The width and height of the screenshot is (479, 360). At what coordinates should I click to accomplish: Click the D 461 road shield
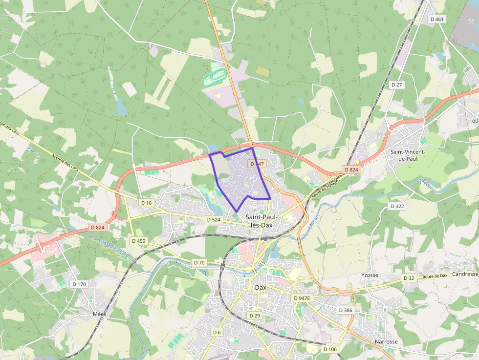[x=437, y=19]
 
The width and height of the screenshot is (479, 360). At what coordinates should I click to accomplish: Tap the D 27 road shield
[x=397, y=85]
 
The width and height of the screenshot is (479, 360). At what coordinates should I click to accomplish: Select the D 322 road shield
[x=397, y=206]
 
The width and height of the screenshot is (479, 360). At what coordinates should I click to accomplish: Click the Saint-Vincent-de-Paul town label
[x=408, y=155]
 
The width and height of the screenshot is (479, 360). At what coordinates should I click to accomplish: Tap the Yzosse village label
[x=370, y=275]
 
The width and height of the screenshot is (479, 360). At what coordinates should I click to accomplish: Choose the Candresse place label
[x=465, y=274]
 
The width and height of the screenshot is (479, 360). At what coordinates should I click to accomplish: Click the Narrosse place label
[x=386, y=342]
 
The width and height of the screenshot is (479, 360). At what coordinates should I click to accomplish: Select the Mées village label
[x=99, y=314]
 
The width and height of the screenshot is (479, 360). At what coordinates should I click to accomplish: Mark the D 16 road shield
[x=147, y=202]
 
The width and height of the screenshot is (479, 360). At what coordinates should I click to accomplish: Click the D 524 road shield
[x=214, y=220]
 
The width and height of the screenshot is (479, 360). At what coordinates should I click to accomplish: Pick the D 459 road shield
[x=138, y=241]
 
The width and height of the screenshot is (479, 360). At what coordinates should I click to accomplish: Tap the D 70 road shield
[x=199, y=263]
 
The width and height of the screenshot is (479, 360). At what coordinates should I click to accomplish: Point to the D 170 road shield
[x=79, y=284]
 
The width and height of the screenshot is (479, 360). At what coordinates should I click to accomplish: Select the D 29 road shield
[x=255, y=316]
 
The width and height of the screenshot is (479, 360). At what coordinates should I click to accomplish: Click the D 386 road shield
[x=345, y=310]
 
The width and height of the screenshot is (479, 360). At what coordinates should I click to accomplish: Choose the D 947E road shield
[x=302, y=298]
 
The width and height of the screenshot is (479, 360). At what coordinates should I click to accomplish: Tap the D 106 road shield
[x=330, y=349]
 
